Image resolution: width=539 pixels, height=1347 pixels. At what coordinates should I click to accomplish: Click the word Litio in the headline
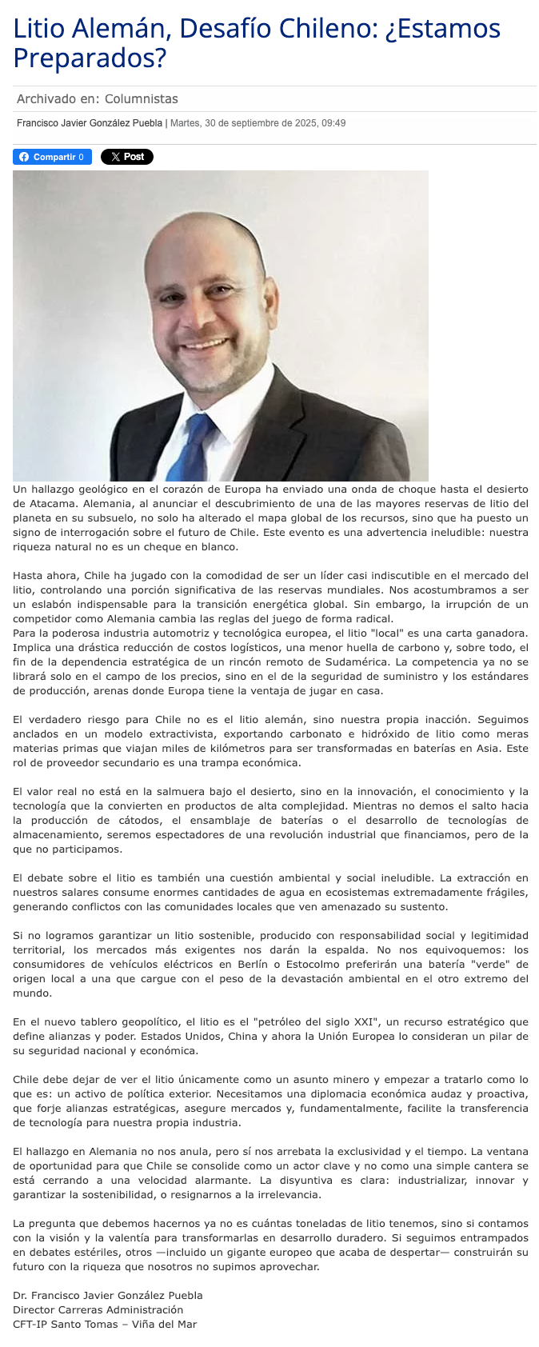[x=38, y=29]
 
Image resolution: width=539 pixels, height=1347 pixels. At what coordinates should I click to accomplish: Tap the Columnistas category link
[x=142, y=99]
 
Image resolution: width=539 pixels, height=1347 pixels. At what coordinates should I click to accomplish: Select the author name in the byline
[x=90, y=123]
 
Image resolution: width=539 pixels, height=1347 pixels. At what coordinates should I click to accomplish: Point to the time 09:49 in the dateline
[x=333, y=123]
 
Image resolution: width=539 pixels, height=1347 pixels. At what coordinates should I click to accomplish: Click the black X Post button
[x=127, y=157]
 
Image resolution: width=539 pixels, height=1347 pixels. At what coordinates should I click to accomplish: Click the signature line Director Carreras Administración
[x=98, y=1309]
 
